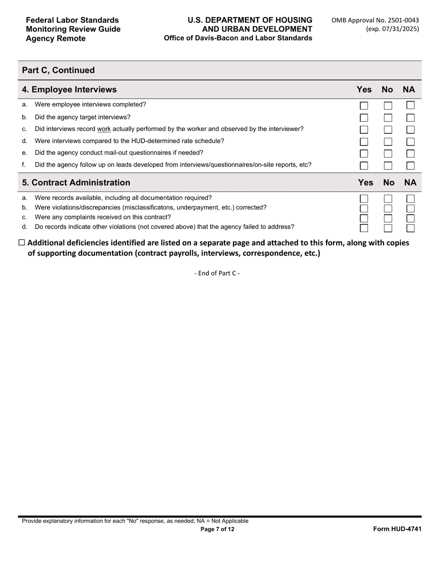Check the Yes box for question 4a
[364, 106]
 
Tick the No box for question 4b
[388, 118]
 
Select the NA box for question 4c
[410, 130]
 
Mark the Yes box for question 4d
[364, 142]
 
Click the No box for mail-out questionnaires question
[388, 153]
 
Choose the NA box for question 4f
[410, 165]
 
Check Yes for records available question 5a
[364, 198]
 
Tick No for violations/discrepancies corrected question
[388, 208]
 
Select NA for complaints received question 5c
[410, 218]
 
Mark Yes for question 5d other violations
[364, 228]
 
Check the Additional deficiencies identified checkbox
[22, 243]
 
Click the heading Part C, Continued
[58, 70]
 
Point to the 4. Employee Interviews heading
[69, 89]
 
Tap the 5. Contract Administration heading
[76, 183]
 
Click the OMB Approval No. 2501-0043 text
[375, 20]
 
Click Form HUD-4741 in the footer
[397, 529]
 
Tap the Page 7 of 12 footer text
[217, 529]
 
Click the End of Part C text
[217, 273]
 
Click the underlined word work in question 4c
[104, 129]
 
